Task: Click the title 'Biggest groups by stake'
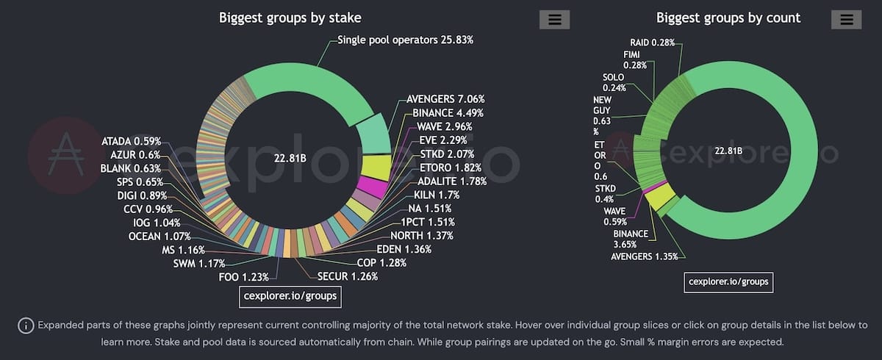[x=290, y=18]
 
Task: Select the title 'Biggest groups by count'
[x=728, y=18]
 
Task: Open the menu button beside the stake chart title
[x=554, y=20]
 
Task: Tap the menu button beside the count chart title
[x=846, y=20]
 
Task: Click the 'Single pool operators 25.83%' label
[x=405, y=40]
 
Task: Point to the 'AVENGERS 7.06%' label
[x=445, y=99]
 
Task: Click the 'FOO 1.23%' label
[x=243, y=277]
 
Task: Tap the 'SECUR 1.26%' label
[x=348, y=277]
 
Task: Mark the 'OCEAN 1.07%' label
[x=159, y=237]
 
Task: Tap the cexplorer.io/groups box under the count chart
[x=729, y=281]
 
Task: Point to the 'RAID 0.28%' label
[x=653, y=43]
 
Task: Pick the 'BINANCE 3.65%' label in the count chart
[x=631, y=240]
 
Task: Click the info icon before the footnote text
[x=26, y=325]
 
